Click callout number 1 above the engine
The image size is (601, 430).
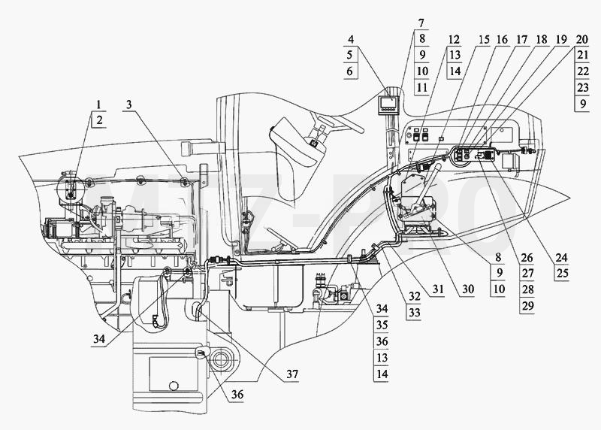pyautogui.click(x=99, y=104)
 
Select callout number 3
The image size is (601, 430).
pyautogui.click(x=129, y=104)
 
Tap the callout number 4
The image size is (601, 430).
pyautogui.click(x=351, y=39)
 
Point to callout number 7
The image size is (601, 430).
pyautogui.click(x=421, y=23)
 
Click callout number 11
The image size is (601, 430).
pyautogui.click(x=422, y=87)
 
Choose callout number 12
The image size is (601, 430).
pyautogui.click(x=454, y=39)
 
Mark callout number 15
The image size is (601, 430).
pyautogui.click(x=484, y=39)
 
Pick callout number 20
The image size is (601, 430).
pyautogui.click(x=581, y=39)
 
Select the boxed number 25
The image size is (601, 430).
pyautogui.click(x=561, y=274)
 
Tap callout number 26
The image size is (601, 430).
pyautogui.click(x=527, y=257)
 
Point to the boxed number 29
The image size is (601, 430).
pyautogui.click(x=527, y=306)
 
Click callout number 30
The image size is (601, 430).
pyautogui.click(x=467, y=289)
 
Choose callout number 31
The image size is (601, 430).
pyautogui.click(x=438, y=289)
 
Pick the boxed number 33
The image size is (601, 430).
pyautogui.click(x=414, y=313)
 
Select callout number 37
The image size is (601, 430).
pyautogui.click(x=292, y=374)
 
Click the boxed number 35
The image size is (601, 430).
pyautogui.click(x=382, y=325)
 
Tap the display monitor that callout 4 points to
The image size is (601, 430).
pyautogui.click(x=388, y=104)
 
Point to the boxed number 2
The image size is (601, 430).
pyautogui.click(x=99, y=120)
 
